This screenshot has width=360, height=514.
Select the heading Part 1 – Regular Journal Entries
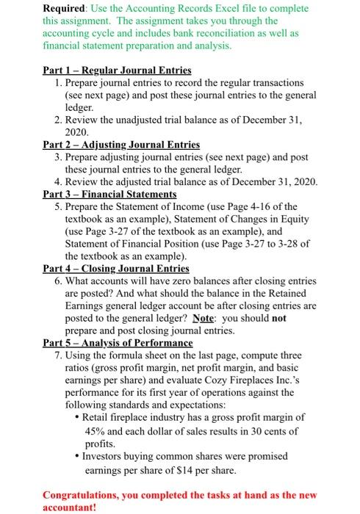pyautogui.click(x=117, y=70)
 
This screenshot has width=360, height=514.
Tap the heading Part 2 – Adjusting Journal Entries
pyautogui.click(x=121, y=145)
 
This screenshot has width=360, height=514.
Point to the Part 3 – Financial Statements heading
pyautogui.click(x=110, y=195)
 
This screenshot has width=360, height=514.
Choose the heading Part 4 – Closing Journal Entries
pyautogui.click(x=116, y=269)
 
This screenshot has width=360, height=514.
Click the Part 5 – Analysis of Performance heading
pyautogui.click(x=118, y=343)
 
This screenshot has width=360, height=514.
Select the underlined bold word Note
pyautogui.click(x=202, y=319)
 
